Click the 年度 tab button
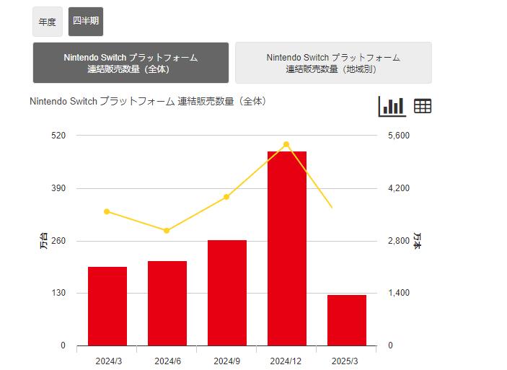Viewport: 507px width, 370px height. coord(48,22)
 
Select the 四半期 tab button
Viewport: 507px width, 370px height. coord(86,21)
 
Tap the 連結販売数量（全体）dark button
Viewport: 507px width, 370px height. coord(131,63)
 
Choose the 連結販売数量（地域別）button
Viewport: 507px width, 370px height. coord(333,63)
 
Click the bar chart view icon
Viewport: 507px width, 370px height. coord(392,106)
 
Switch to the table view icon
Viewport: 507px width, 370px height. coord(423,106)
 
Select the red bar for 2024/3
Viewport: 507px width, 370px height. coord(107,306)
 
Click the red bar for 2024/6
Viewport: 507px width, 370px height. coord(167,303)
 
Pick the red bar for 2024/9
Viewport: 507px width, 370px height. coord(227,293)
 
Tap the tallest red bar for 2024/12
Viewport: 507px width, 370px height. coord(287,248)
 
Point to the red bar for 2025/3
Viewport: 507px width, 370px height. coord(347,320)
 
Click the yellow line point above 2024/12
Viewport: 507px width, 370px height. coord(286,144)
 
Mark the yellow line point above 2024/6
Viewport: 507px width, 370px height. coord(167,231)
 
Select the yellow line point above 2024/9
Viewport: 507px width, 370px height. coord(226,197)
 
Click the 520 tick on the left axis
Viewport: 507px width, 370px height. coord(58,136)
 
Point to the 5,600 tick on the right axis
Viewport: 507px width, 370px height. coord(399,136)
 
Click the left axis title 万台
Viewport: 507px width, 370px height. coord(43,241)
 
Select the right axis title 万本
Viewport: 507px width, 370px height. coord(418,241)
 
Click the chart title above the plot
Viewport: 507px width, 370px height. coord(148,102)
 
